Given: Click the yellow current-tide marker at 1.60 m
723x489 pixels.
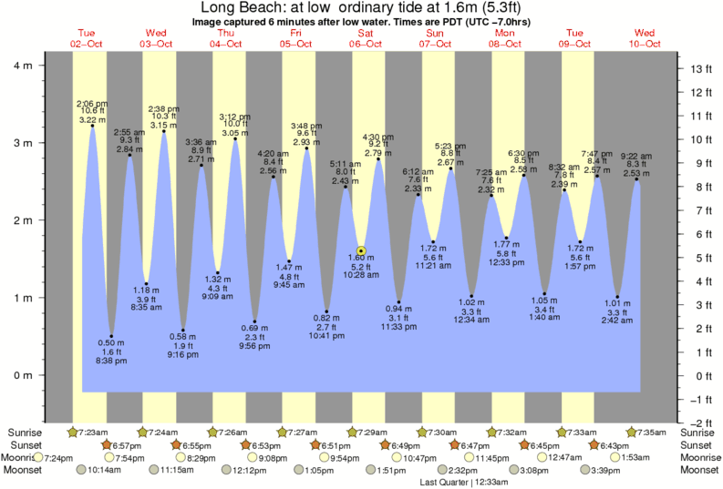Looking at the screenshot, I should pyautogui.click(x=362, y=250).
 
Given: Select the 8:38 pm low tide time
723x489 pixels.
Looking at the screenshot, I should pyautogui.click(x=112, y=362).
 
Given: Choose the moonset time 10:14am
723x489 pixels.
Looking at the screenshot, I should pyautogui.click(x=106, y=470).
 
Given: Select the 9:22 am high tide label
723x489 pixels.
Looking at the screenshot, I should pyautogui.click(x=636, y=156).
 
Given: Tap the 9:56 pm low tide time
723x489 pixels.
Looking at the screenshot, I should pyautogui.click(x=255, y=346).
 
